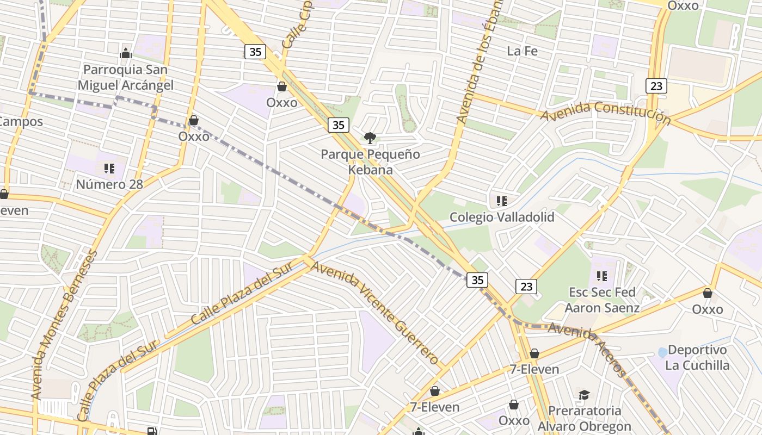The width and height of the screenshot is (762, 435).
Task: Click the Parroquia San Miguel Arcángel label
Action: click(x=126, y=77)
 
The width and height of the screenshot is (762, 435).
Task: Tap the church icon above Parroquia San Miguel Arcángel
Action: click(x=126, y=53)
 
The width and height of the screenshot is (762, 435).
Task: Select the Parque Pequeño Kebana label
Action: click(x=370, y=161)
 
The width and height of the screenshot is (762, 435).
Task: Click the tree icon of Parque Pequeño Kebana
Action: click(x=370, y=138)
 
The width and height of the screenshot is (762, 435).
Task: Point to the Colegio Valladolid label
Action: click(x=502, y=217)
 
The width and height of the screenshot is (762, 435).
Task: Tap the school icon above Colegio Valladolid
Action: click(x=502, y=201)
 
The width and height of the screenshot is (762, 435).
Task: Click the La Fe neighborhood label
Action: click(x=522, y=51)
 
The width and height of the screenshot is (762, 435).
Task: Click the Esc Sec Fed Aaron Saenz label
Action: click(x=601, y=300)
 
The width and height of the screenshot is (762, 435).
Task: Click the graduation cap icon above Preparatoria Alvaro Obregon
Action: click(x=584, y=395)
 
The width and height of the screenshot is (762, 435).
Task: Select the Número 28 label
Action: click(x=109, y=184)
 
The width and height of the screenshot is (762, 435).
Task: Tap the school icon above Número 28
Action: click(x=109, y=168)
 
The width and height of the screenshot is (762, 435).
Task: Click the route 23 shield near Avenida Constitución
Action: click(x=656, y=85)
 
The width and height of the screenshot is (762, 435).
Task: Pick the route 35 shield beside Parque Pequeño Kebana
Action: click(x=338, y=125)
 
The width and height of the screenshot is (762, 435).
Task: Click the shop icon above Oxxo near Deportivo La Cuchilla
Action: click(x=708, y=293)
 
